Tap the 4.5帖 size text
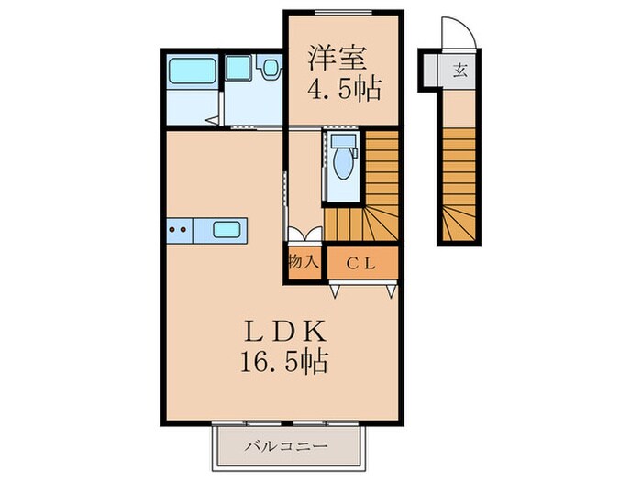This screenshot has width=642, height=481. (342, 91)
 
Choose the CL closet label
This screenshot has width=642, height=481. (363, 262)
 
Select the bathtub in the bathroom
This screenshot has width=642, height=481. (193, 71)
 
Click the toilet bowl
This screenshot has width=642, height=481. (342, 160)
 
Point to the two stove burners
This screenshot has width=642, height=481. (178, 229)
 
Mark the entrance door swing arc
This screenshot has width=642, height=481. (458, 35)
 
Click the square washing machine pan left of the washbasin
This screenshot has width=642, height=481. (238, 68)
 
